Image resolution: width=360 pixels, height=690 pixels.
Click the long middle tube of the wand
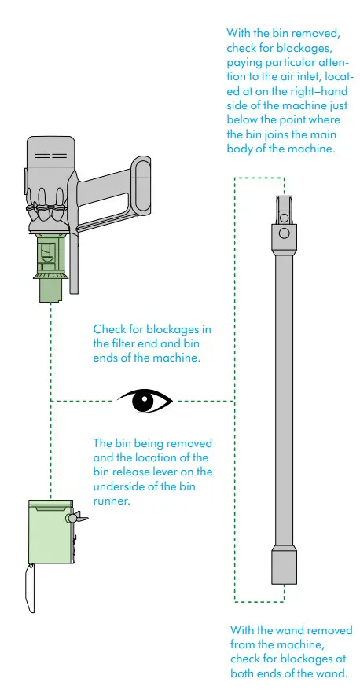click(283, 393)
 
